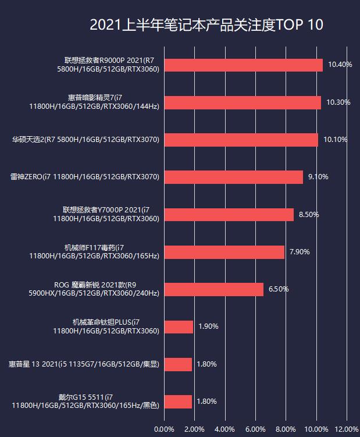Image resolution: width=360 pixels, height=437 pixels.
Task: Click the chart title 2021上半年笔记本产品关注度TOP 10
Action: [x=206, y=26]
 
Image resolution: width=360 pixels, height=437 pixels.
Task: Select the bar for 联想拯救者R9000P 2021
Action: [x=243, y=65]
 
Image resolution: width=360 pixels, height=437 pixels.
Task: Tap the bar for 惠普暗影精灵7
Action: [x=243, y=102]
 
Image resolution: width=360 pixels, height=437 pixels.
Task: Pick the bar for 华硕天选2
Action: [x=241, y=140]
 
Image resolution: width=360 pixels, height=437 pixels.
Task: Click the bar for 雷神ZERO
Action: [x=233, y=177]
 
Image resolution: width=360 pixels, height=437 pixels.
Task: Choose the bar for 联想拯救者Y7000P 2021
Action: [x=229, y=215]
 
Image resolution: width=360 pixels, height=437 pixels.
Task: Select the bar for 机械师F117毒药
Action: [x=224, y=252]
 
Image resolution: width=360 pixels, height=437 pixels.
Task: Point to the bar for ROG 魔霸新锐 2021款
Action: [x=213, y=289]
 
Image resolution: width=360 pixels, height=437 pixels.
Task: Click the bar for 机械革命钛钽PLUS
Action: [x=179, y=326]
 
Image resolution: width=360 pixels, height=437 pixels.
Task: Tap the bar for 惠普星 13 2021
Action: [x=177, y=364]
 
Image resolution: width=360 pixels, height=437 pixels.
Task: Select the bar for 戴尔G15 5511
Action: [x=177, y=402]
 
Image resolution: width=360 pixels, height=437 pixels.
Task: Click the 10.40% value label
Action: [x=340, y=65]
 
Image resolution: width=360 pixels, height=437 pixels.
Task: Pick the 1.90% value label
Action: [x=208, y=326]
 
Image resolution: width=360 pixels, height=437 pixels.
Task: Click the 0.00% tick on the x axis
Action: [x=164, y=429]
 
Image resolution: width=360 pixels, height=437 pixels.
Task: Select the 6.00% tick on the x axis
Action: [x=255, y=429]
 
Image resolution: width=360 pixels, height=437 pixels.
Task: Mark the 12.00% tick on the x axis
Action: [x=347, y=429]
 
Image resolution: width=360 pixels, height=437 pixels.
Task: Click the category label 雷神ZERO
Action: [x=85, y=177]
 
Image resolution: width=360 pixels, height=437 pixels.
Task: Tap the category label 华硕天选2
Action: [x=85, y=140]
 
